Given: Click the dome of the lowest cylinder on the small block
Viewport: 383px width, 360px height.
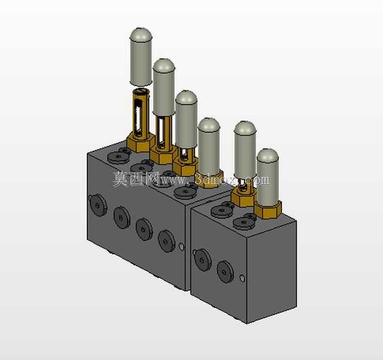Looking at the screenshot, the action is point(268,155).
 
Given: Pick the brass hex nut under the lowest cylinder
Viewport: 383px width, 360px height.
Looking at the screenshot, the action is point(268,209).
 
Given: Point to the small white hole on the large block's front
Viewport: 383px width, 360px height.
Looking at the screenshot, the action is point(181,246).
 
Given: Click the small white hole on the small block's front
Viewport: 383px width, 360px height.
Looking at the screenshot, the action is point(242,278).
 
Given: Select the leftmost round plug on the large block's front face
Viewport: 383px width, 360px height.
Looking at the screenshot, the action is point(98,205).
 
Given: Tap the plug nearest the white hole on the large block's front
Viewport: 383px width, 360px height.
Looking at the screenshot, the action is point(166,241).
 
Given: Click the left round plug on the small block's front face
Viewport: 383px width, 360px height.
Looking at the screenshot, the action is point(202,260).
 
